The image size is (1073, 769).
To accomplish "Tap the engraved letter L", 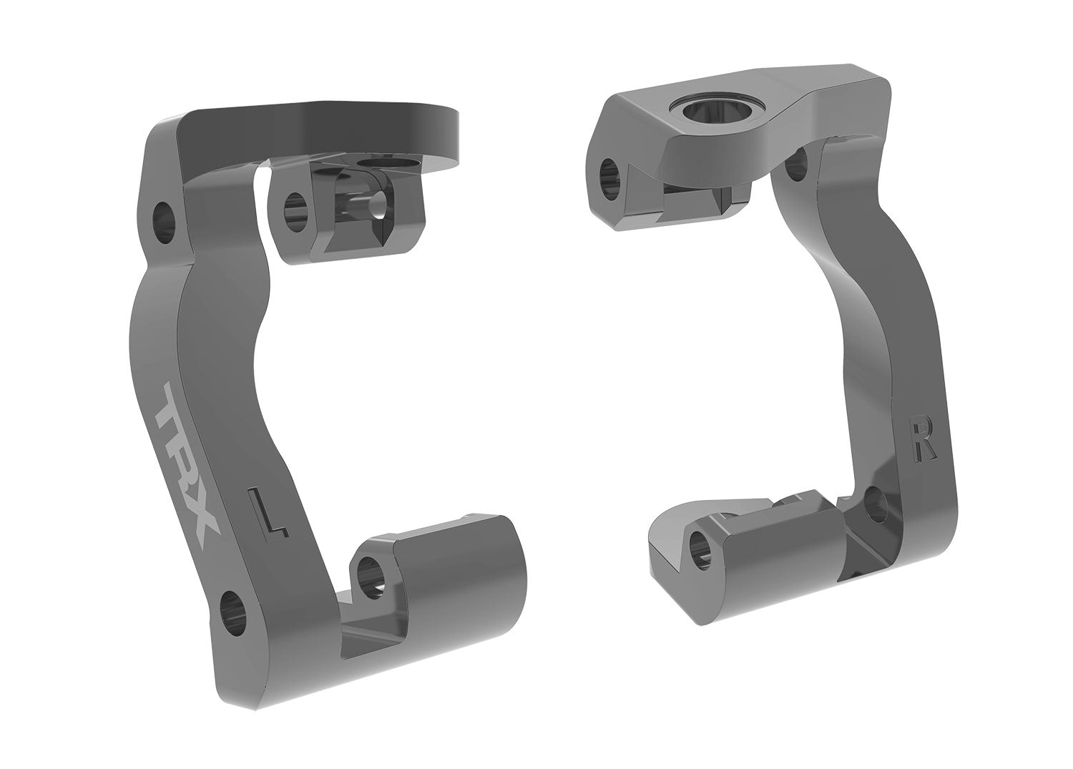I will [x=268, y=512].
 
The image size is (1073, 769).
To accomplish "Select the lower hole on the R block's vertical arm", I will [x=875, y=505].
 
